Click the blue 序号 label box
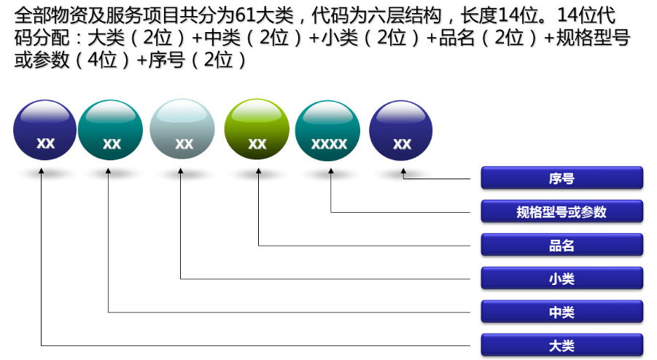click(562, 178)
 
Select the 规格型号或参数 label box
click(562, 211)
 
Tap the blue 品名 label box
click(562, 245)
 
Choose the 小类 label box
click(562, 278)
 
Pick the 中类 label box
click(562, 312)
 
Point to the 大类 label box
click(562, 345)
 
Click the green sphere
click(257, 129)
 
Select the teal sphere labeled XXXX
click(327, 130)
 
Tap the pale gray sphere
click(182, 129)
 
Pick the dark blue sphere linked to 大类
click(44, 130)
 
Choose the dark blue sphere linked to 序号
click(401, 130)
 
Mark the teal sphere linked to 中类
click(111, 130)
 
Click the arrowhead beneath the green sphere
click(259, 171)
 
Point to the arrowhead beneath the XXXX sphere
click(330, 171)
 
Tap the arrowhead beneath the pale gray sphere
click(181, 171)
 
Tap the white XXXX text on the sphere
click(329, 144)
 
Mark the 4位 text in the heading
click(102, 60)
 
